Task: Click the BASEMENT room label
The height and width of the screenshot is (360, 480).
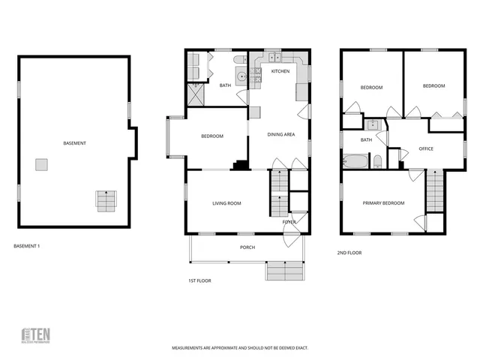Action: coord(73,143)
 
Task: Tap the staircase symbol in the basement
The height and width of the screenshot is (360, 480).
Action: coord(106,201)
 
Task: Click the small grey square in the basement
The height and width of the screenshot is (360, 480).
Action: coord(42,164)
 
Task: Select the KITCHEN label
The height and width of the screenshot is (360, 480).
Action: coord(280,71)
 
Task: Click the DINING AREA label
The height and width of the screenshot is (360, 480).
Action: coord(281,134)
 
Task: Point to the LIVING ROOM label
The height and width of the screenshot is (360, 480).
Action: coord(226,202)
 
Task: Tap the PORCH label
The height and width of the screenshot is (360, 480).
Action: coord(247,247)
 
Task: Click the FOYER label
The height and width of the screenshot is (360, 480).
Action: coord(289,222)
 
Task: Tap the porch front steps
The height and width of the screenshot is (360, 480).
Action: coord(285,270)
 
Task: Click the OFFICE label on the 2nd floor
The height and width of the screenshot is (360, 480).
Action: coord(426,148)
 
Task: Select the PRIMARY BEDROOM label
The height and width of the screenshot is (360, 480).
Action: coord(383,203)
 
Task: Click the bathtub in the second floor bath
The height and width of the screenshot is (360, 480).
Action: coord(355,161)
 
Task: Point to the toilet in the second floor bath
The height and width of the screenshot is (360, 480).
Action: coord(378,162)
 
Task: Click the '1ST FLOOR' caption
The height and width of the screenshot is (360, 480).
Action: coord(199,280)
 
